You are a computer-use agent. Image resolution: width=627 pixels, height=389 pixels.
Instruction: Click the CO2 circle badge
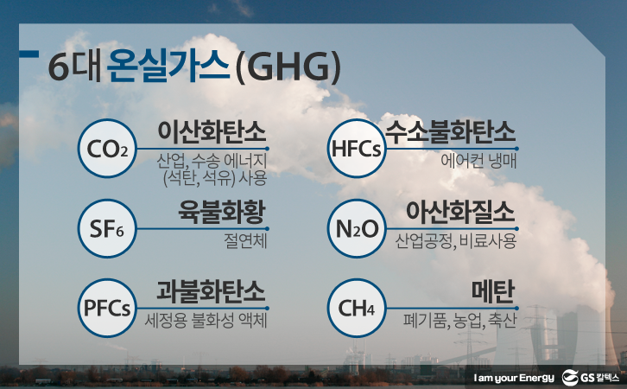pos(107,149)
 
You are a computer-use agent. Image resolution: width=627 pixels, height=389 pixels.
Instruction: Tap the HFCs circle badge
pos(357,149)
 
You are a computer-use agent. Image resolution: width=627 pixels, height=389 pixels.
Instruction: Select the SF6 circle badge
pos(107,228)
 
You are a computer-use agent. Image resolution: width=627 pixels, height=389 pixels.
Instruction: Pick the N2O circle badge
pos(357,228)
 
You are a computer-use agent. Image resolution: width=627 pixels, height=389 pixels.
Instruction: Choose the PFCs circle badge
pos(107,308)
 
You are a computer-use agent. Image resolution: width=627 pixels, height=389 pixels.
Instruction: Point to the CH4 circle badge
pos(357,308)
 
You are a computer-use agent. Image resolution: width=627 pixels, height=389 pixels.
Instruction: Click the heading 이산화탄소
pos(212,131)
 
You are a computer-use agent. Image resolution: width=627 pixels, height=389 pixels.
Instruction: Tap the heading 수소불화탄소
pos(451,131)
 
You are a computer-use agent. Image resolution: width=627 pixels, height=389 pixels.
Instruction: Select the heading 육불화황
pos(222,212)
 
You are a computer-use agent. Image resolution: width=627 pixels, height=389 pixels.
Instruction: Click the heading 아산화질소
pos(460,212)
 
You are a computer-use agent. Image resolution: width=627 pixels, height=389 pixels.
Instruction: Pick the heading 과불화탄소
pos(211,291)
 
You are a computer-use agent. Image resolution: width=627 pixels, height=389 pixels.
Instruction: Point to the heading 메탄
pos(493,291)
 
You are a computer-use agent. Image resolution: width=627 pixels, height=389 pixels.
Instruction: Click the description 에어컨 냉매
pos(478,161)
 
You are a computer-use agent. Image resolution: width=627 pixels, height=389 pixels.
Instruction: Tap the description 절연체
pos(245,241)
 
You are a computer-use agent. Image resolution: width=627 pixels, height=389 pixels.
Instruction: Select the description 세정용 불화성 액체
pos(206,321)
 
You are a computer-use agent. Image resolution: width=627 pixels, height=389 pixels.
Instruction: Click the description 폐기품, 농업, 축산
pos(459,321)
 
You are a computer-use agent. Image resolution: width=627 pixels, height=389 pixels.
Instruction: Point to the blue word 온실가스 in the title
pos(168,67)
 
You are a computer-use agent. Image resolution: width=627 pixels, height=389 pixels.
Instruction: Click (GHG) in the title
pos(288,68)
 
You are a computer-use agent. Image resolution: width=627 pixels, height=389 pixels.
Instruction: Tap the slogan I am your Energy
pos(514,379)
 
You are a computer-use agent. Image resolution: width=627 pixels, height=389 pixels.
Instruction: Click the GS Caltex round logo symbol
pos(570,378)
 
